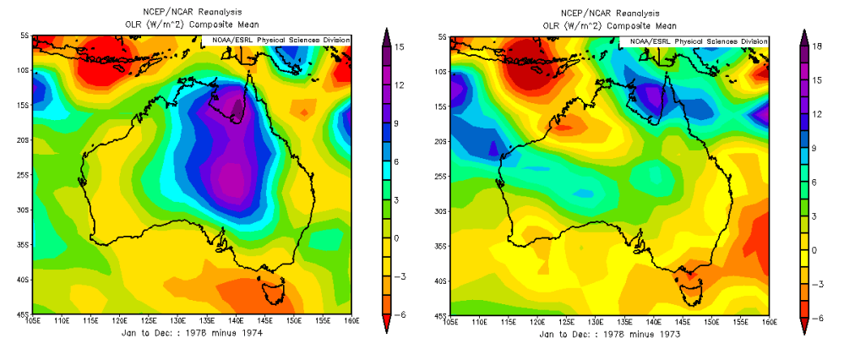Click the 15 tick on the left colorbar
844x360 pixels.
396,47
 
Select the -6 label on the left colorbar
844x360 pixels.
396,313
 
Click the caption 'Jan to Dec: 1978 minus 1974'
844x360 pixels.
193,334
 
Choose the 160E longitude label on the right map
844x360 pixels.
769,322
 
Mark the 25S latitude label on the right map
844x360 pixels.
441,177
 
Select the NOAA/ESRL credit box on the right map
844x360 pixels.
695,41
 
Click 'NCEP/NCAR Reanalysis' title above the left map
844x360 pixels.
193,13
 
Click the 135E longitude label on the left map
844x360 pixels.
207,322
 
